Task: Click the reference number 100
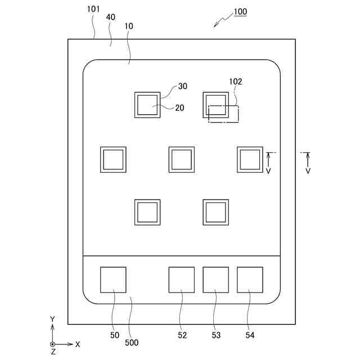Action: point(241,11)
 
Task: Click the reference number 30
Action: point(182,86)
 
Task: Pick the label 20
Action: point(179,109)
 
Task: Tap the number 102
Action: point(235,82)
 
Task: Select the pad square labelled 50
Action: point(113,280)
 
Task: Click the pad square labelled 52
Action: point(182,280)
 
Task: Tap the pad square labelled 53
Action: point(216,280)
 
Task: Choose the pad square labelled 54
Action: point(250,280)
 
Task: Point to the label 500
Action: point(132,342)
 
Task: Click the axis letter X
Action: point(78,344)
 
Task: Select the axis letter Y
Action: point(52,319)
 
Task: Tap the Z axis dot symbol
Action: point(52,344)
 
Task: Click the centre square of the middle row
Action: point(182,159)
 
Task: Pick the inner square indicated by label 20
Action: point(147,105)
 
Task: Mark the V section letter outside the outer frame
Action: point(308,170)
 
